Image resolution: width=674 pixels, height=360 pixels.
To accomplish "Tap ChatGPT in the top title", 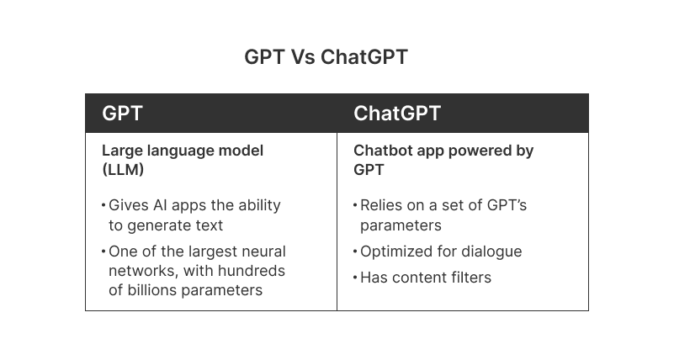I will (x=364, y=57).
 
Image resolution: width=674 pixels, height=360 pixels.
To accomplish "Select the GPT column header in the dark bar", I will (x=122, y=114).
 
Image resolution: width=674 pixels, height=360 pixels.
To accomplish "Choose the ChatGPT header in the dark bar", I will (x=397, y=114).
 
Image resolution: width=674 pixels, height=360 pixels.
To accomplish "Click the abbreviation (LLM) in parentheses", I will (x=124, y=169).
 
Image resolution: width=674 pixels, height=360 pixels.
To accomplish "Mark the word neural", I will (x=263, y=251).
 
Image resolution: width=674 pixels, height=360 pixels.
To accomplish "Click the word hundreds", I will (x=252, y=271).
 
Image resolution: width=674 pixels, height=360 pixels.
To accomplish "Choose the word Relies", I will (x=382, y=205).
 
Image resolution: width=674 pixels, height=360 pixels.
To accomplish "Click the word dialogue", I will (x=491, y=251).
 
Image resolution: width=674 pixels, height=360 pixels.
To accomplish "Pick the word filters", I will (x=470, y=278).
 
